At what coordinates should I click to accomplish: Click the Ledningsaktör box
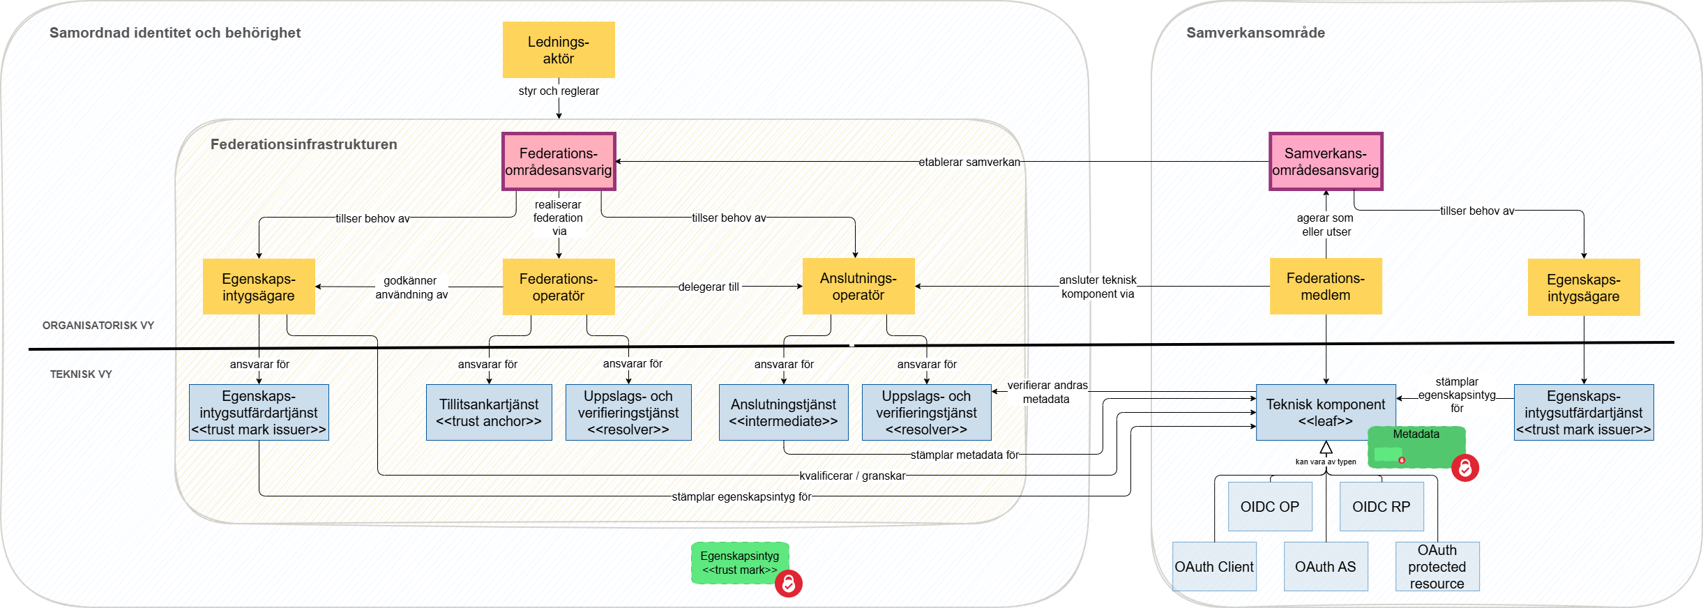click(559, 50)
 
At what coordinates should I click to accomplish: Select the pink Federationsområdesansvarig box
click(559, 161)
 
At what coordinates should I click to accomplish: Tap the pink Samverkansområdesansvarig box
click(1326, 161)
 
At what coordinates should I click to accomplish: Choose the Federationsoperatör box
click(559, 287)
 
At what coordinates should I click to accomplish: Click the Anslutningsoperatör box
click(858, 286)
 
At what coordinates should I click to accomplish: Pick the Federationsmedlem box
click(1326, 286)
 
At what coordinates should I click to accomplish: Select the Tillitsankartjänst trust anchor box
click(489, 412)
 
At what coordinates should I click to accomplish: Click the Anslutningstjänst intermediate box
click(783, 412)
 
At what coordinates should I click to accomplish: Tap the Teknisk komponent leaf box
click(1325, 411)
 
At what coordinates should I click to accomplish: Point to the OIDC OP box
click(1270, 506)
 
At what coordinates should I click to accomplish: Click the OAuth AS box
click(1326, 566)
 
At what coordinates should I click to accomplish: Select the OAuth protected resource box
click(1437, 566)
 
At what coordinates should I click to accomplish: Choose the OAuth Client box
click(1214, 566)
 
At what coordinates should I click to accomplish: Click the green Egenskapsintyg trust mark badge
click(740, 563)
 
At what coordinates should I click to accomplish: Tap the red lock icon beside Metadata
click(1465, 468)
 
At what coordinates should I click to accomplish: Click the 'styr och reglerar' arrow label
click(559, 91)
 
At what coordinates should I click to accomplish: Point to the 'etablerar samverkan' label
click(969, 162)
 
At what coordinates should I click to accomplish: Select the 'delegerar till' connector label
click(709, 287)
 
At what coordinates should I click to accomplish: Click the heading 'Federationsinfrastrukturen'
click(304, 144)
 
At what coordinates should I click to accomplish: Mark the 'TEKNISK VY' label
click(81, 374)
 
